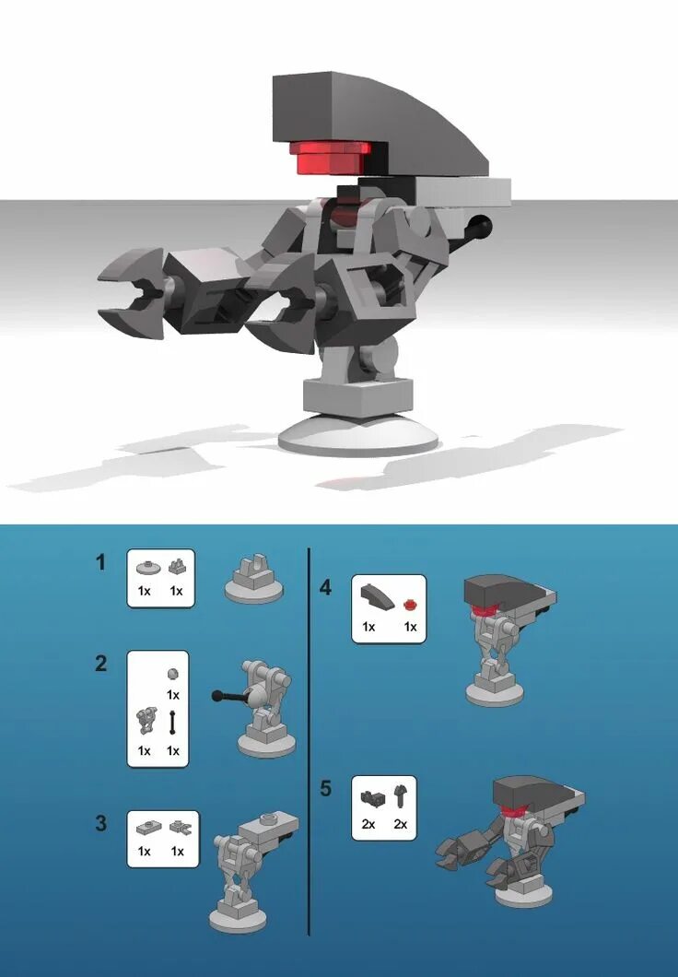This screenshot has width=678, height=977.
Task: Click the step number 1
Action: (101, 561)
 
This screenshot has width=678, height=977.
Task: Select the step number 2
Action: (101, 663)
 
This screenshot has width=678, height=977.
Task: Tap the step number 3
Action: (101, 823)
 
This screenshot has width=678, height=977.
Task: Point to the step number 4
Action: (325, 587)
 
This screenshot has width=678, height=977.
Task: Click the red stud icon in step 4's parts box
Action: (410, 605)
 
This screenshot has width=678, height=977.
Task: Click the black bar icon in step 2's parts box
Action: (172, 723)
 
